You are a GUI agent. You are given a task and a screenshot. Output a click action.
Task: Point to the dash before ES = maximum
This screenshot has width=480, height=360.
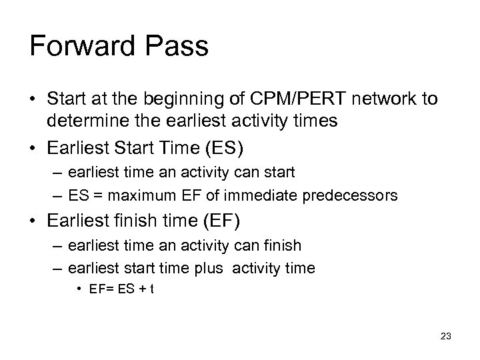click(56, 195)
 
